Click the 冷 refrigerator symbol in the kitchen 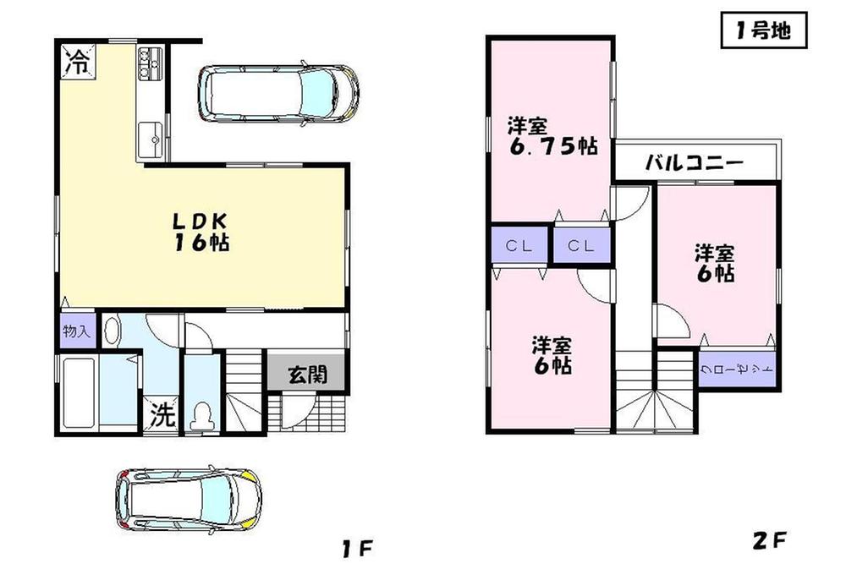77,61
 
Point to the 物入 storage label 77,331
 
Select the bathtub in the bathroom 78,394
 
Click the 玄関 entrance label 306,375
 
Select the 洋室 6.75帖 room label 551,136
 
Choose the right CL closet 580,246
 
